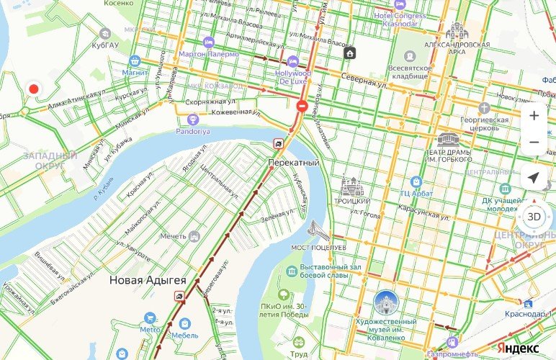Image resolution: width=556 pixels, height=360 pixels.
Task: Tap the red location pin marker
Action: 32,89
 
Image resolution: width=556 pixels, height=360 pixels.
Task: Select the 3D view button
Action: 534,217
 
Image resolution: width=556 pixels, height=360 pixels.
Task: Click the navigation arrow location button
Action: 534,177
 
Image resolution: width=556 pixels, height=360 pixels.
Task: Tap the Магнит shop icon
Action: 134,61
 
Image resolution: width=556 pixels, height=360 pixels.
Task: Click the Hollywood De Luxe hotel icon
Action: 292,61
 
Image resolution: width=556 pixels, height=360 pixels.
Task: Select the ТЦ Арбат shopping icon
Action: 416,181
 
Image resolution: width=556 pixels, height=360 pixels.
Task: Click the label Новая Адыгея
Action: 148,279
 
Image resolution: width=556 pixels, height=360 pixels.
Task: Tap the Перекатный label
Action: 293,163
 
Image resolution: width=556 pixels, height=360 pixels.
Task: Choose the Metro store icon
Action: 151,318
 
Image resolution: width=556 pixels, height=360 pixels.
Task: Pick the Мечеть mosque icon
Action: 194,236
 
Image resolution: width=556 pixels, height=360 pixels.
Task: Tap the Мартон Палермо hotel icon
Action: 209,42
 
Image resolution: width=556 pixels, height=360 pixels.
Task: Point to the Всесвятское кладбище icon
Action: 410,55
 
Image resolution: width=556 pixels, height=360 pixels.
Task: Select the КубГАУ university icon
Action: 105,34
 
